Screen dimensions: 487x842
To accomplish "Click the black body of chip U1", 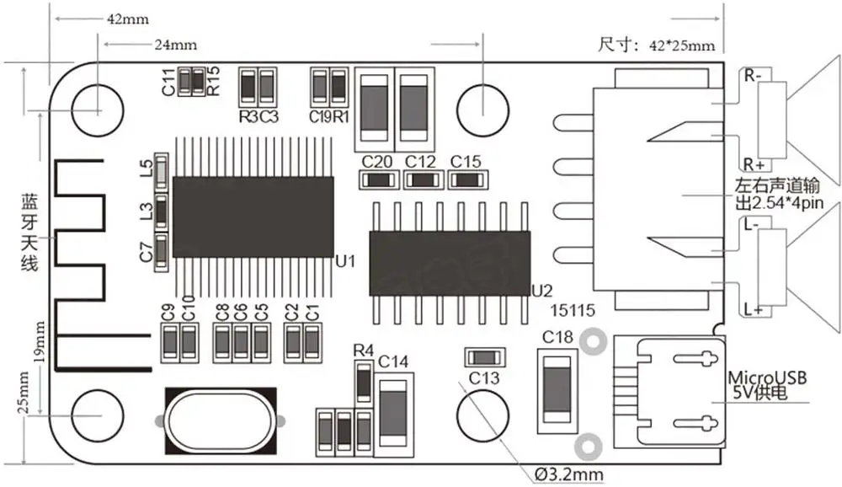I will [253, 217].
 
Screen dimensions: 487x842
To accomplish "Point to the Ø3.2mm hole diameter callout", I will [569, 474].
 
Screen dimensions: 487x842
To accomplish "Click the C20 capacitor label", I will [376, 161].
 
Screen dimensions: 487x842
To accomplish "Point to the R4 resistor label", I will [363, 350].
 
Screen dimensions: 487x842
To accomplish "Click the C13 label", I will [484, 377].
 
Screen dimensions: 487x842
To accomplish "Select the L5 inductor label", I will [147, 169].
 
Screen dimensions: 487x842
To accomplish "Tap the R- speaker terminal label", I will [751, 75].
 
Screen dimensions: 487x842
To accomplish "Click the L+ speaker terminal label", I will [753, 311].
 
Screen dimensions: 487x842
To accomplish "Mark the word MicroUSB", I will [766, 377].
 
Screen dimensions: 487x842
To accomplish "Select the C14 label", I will [393, 361].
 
